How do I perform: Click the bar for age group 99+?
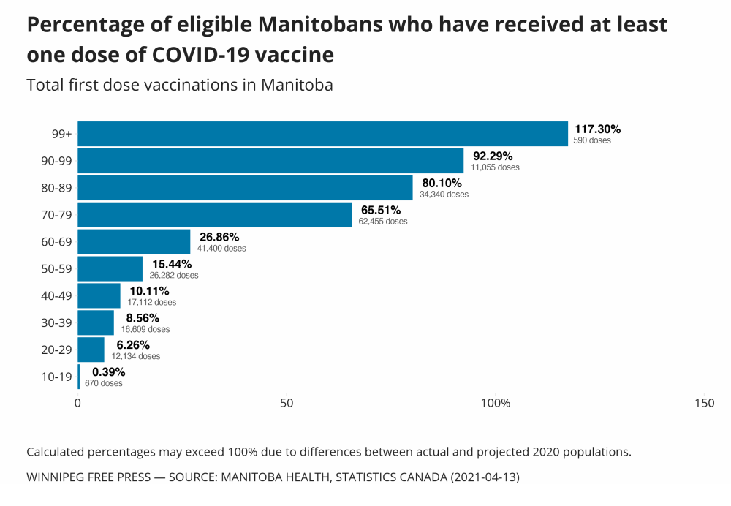(322, 134)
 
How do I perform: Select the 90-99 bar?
(270, 161)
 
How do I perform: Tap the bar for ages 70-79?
(215, 215)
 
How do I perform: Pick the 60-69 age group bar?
(134, 241)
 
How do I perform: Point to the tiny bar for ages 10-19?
(79, 377)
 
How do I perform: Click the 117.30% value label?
(597, 129)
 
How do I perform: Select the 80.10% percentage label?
(442, 183)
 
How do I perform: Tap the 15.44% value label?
(172, 264)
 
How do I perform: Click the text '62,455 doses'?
(383, 221)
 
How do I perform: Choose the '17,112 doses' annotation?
(151, 302)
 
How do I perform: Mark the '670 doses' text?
(104, 383)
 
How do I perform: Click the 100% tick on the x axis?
(496, 403)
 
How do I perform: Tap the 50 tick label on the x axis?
(287, 403)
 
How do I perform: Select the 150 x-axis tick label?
(704, 403)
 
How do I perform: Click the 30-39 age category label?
(56, 322)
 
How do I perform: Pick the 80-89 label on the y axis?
(56, 188)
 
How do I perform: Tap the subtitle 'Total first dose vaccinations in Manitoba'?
(180, 85)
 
